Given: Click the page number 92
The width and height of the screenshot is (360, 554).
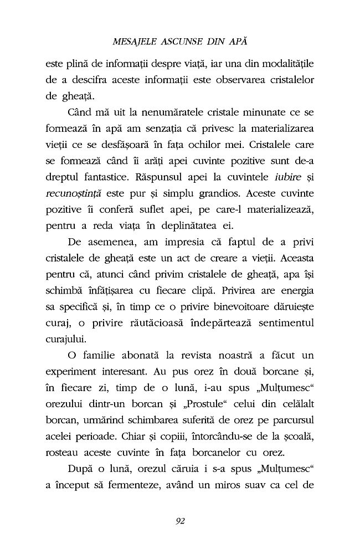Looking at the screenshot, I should point(179,520).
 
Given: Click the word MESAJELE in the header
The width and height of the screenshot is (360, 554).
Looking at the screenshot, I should point(134,42).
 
